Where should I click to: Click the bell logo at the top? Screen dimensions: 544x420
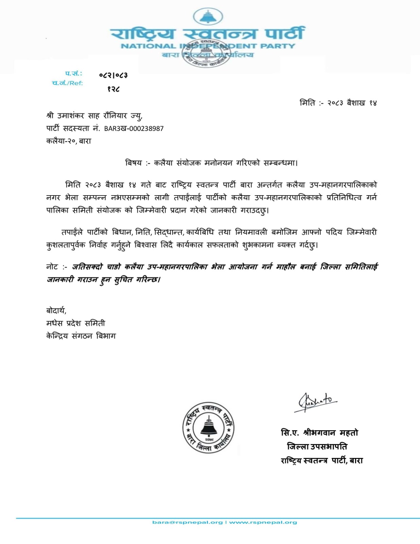click(208, 16)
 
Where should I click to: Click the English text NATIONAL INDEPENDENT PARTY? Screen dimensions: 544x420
click(208, 46)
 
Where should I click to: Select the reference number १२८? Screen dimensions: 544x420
click(113, 89)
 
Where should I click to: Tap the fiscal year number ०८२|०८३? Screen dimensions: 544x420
click(113, 75)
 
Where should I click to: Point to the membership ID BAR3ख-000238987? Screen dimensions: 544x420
click(134, 129)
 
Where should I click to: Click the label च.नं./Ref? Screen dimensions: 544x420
click(67, 83)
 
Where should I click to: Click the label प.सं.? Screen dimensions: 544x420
click(74, 73)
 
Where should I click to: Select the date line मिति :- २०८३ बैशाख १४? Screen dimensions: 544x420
click(338, 103)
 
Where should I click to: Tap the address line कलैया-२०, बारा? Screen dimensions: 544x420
click(69, 141)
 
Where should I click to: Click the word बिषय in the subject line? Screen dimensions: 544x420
click(134, 163)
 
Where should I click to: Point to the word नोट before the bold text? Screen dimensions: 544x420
click(52, 267)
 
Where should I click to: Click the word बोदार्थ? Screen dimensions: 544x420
click(56, 310)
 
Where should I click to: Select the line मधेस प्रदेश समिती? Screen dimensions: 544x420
click(76, 323)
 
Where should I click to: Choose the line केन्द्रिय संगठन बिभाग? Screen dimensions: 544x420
click(81, 336)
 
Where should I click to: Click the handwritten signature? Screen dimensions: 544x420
click(315, 402)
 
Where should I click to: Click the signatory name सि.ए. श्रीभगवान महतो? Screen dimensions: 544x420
click(319, 433)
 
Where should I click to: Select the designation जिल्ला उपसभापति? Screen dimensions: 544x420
click(317, 446)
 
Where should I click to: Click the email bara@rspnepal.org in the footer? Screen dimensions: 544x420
click(187, 522)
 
